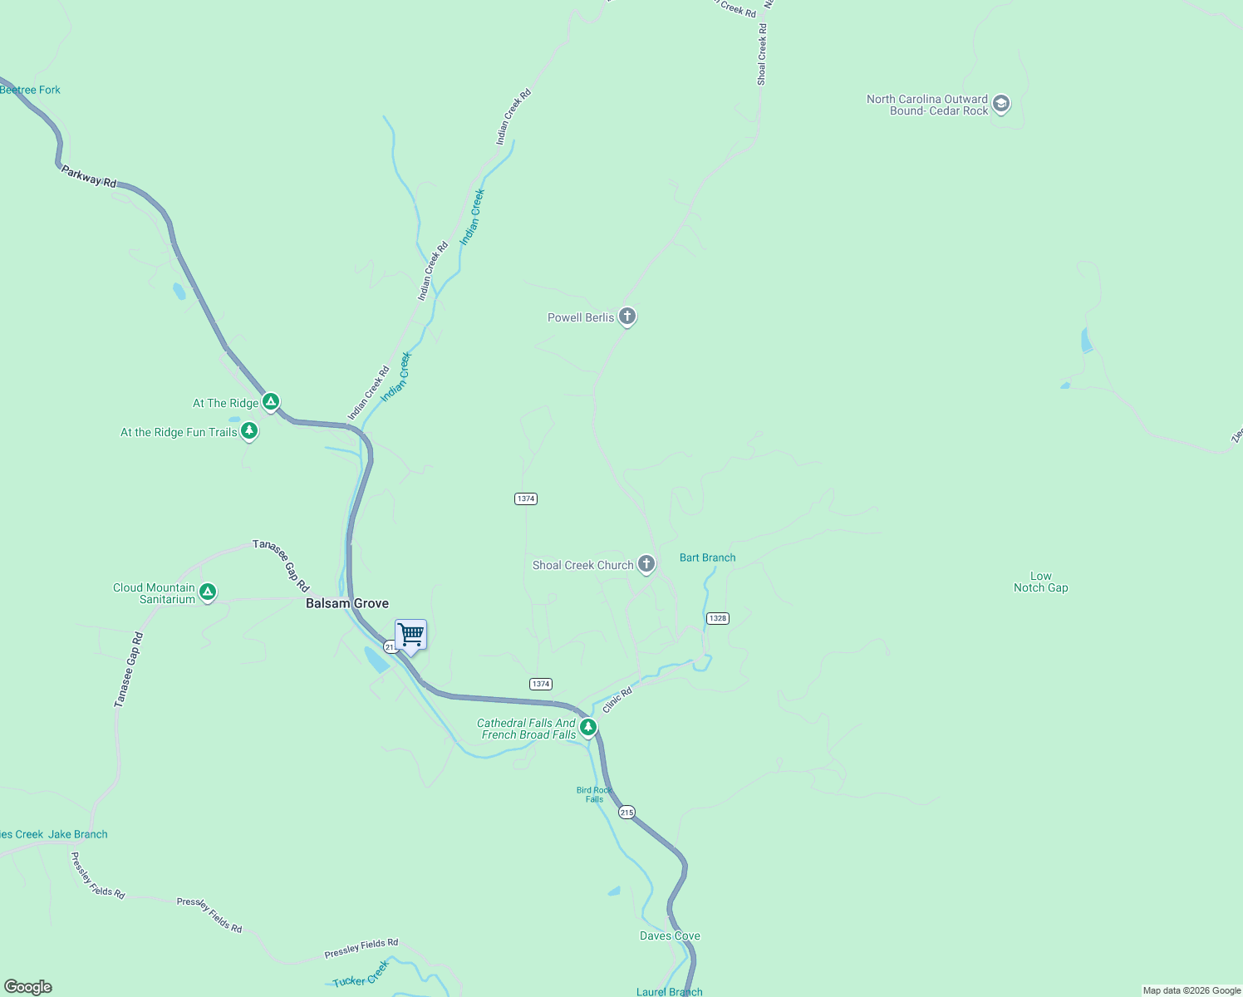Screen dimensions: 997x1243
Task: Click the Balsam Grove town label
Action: pyautogui.click(x=347, y=603)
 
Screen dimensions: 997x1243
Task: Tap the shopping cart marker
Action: pyautogui.click(x=410, y=636)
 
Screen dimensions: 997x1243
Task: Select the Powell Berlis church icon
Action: pyautogui.click(x=627, y=317)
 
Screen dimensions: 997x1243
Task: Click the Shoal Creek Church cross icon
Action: pyautogui.click(x=646, y=564)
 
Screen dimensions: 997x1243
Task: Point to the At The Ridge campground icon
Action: pyautogui.click(x=270, y=402)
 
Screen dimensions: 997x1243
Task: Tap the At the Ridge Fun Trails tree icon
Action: pyautogui.click(x=248, y=430)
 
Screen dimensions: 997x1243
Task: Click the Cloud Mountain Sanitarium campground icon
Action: pyautogui.click(x=208, y=592)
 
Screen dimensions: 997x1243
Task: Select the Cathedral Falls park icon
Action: pyautogui.click(x=588, y=728)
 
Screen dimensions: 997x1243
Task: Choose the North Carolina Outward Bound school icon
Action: pyautogui.click(x=1001, y=104)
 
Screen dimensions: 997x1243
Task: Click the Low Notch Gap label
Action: pyautogui.click(x=1040, y=582)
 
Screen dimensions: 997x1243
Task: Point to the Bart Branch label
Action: pyautogui.click(x=707, y=557)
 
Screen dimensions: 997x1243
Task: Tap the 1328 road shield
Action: pyautogui.click(x=718, y=618)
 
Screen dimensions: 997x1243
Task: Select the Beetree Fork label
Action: pyautogui.click(x=31, y=90)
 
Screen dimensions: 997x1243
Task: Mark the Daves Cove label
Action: pyautogui.click(x=670, y=936)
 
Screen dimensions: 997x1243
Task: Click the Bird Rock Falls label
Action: pyautogui.click(x=594, y=794)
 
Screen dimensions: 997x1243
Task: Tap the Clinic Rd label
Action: pyautogui.click(x=617, y=700)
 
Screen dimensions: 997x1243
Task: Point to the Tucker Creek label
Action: pyautogui.click(x=361, y=975)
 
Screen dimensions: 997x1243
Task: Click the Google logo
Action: pyautogui.click(x=28, y=987)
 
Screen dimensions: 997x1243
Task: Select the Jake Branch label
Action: pyautogui.click(x=78, y=834)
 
